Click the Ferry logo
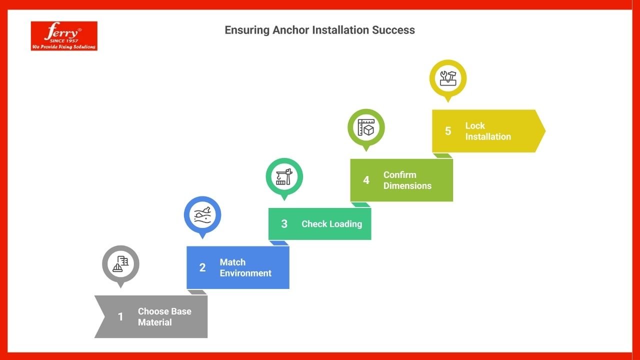click(64, 36)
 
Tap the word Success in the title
click(393, 30)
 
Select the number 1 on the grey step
click(120, 316)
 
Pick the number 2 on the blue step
click(202, 267)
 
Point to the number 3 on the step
click(284, 223)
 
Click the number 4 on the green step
click(366, 180)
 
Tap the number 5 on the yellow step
click(448, 131)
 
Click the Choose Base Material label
click(164, 316)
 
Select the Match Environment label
click(245, 267)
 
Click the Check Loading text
click(331, 223)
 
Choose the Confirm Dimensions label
click(407, 180)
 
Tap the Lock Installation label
click(488, 131)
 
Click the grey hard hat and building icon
click(120, 263)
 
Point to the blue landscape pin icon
click(202, 215)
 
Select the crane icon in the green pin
click(284, 176)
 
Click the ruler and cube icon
click(366, 127)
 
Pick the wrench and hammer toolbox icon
click(448, 78)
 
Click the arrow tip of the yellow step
click(545, 131)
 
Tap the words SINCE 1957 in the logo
click(64, 41)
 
